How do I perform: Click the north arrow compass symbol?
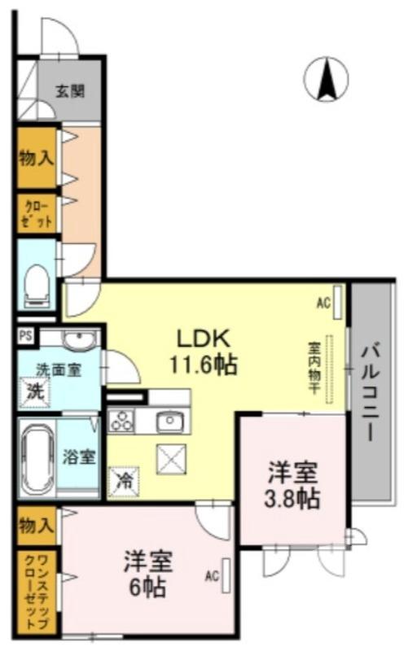326,81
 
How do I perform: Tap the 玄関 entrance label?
71,91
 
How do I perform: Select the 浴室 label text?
80,455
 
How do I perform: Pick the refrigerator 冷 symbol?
125,480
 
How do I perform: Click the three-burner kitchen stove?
123,422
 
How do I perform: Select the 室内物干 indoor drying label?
314,369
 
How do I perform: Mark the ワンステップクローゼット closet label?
35,590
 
